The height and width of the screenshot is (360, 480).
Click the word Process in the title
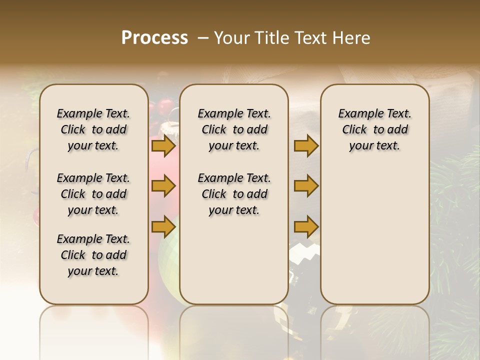coord(154,38)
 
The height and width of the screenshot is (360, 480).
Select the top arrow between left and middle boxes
coord(163,146)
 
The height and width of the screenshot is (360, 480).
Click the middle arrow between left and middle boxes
coord(163,186)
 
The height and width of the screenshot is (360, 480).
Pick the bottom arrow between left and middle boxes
coord(163,226)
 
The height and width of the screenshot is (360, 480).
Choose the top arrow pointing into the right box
coord(306,146)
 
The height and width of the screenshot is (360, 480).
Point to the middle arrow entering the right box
coord(306,186)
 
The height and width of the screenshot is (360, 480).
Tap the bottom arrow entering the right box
coord(306,226)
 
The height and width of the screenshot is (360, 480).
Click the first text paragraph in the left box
coord(93,129)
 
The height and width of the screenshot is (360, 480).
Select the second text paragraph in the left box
coord(93,194)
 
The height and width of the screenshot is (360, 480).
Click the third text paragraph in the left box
coord(93,255)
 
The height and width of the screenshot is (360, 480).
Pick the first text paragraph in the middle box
coord(234,129)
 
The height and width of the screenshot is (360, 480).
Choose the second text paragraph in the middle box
coord(234,194)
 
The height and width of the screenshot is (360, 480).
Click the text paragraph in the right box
coord(374,129)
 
